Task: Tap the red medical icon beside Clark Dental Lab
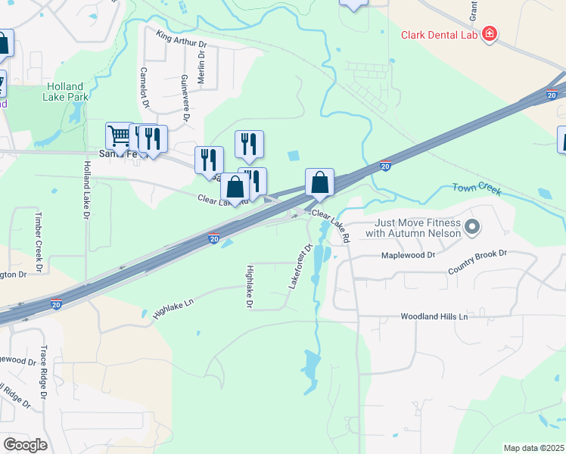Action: click(x=490, y=34)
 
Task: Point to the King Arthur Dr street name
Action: click(x=182, y=39)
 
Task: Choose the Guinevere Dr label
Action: click(x=185, y=98)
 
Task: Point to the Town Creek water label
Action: click(x=477, y=189)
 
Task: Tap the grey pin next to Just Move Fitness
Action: click(x=473, y=226)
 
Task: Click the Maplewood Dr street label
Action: click(x=409, y=256)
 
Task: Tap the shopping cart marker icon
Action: click(x=120, y=136)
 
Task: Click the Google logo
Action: click(x=25, y=444)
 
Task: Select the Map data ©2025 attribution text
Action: click(x=533, y=448)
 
